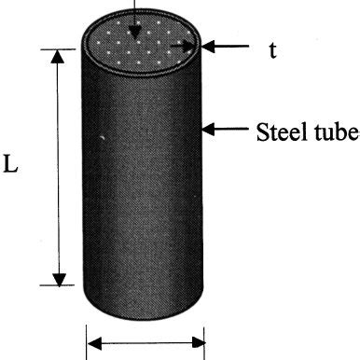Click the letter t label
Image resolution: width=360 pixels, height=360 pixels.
(x=273, y=50)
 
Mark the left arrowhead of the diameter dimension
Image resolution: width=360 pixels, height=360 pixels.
(x=94, y=345)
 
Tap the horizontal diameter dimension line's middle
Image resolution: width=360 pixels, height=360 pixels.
(x=145, y=345)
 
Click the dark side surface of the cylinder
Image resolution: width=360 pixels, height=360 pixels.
(x=140, y=187)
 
